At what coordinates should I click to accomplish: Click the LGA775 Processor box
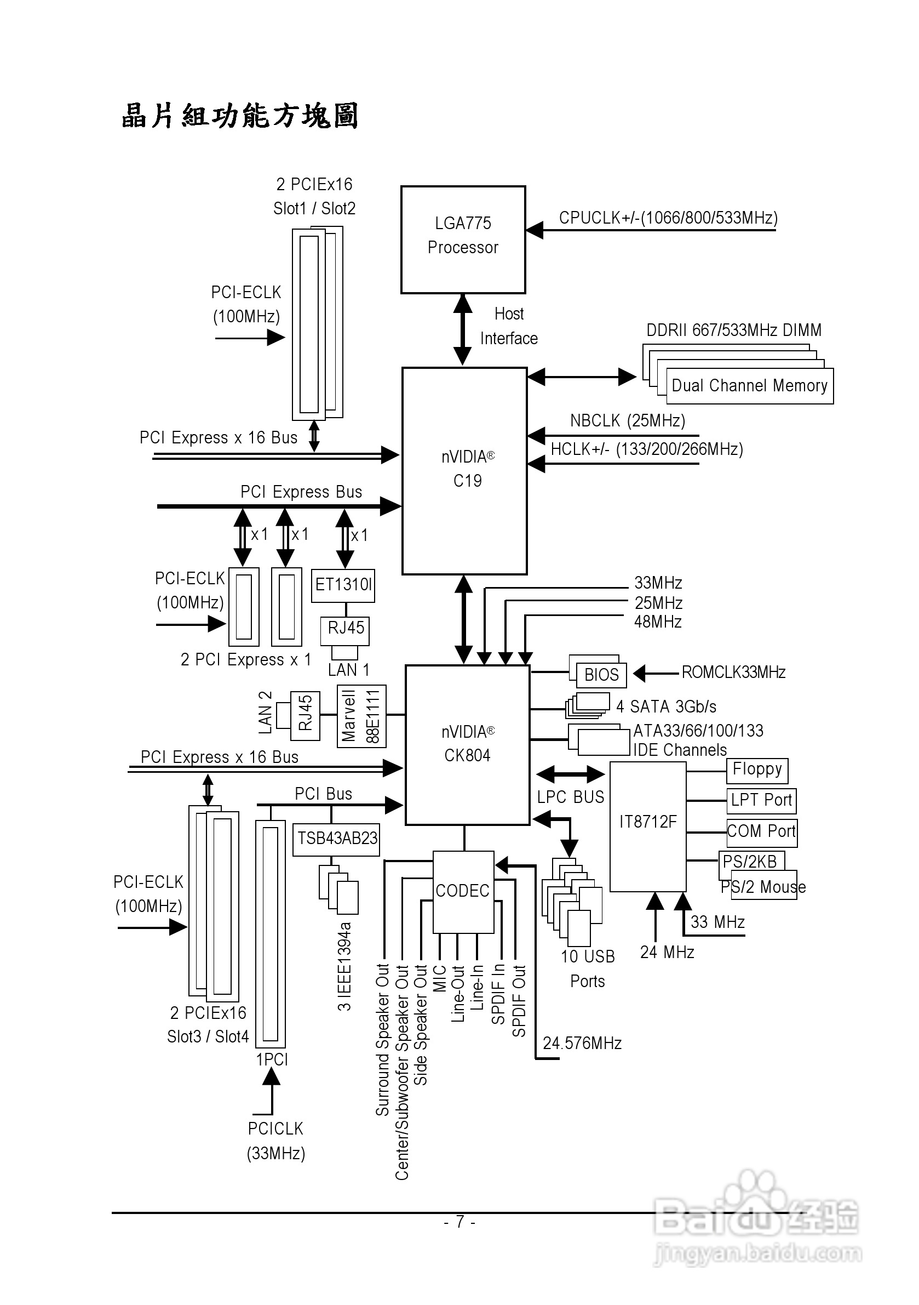(x=463, y=240)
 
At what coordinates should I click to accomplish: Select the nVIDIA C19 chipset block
(x=464, y=471)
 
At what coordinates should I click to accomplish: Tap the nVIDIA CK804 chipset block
(x=468, y=744)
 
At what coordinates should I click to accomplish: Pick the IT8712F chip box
(x=647, y=827)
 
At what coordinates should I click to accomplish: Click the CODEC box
(x=463, y=891)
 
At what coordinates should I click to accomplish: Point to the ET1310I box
(x=343, y=585)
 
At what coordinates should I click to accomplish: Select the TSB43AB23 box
(x=336, y=839)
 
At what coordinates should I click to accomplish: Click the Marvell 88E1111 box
(x=361, y=716)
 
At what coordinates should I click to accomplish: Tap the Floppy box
(x=757, y=770)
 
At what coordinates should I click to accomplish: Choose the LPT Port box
(x=761, y=801)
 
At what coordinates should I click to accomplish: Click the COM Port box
(x=762, y=832)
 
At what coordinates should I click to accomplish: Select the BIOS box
(x=601, y=675)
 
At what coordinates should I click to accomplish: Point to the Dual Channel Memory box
(x=749, y=386)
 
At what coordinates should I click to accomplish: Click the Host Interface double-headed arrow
(x=463, y=329)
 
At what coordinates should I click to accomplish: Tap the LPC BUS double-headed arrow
(x=570, y=774)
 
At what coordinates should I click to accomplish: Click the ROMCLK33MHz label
(x=733, y=673)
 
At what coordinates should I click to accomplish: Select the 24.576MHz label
(x=582, y=1043)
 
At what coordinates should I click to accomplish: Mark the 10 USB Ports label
(x=588, y=968)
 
